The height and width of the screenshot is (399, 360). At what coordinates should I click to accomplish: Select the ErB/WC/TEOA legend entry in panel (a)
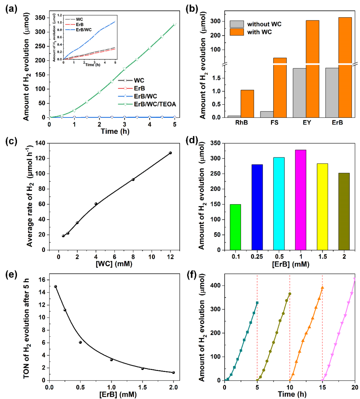coord(155,104)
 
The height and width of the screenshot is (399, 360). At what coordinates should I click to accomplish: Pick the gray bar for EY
coord(299,93)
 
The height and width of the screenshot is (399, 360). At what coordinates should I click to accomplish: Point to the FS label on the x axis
coord(274,122)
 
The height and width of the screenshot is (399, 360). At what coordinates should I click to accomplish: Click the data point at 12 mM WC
coord(170,153)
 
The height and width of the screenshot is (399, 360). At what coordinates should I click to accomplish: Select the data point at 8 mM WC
coord(133,179)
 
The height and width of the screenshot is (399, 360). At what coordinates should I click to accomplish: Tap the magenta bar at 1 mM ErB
coord(301,199)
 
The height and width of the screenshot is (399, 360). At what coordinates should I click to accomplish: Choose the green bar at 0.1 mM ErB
coord(235,227)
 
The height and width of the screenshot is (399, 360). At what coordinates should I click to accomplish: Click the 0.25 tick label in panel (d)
coord(257,257)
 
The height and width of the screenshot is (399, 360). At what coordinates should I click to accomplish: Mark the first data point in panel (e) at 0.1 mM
coord(55,287)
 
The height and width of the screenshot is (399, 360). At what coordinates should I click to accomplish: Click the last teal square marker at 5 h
coord(257,303)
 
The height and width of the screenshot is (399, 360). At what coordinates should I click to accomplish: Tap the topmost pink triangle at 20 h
coord(355,279)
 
